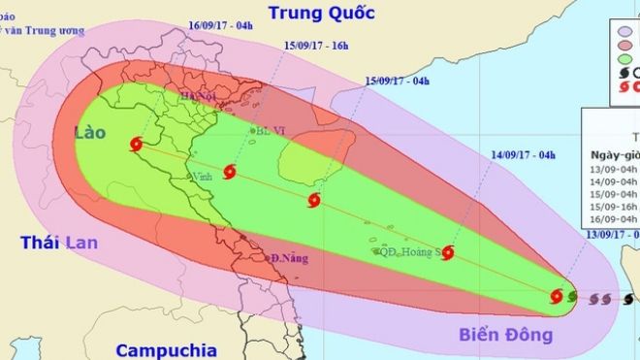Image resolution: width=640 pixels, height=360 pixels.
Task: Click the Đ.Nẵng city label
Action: click(284, 259)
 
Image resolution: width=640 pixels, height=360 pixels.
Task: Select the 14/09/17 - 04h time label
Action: click(523, 153)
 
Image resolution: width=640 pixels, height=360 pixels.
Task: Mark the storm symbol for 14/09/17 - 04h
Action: click(447, 252)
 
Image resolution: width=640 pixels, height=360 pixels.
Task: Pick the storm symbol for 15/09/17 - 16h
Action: click(229, 173)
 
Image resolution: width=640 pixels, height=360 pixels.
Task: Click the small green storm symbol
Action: click(572, 297)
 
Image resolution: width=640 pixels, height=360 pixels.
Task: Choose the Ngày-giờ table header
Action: click(615, 155)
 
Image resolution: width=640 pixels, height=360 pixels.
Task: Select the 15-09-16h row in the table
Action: click(615, 206)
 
